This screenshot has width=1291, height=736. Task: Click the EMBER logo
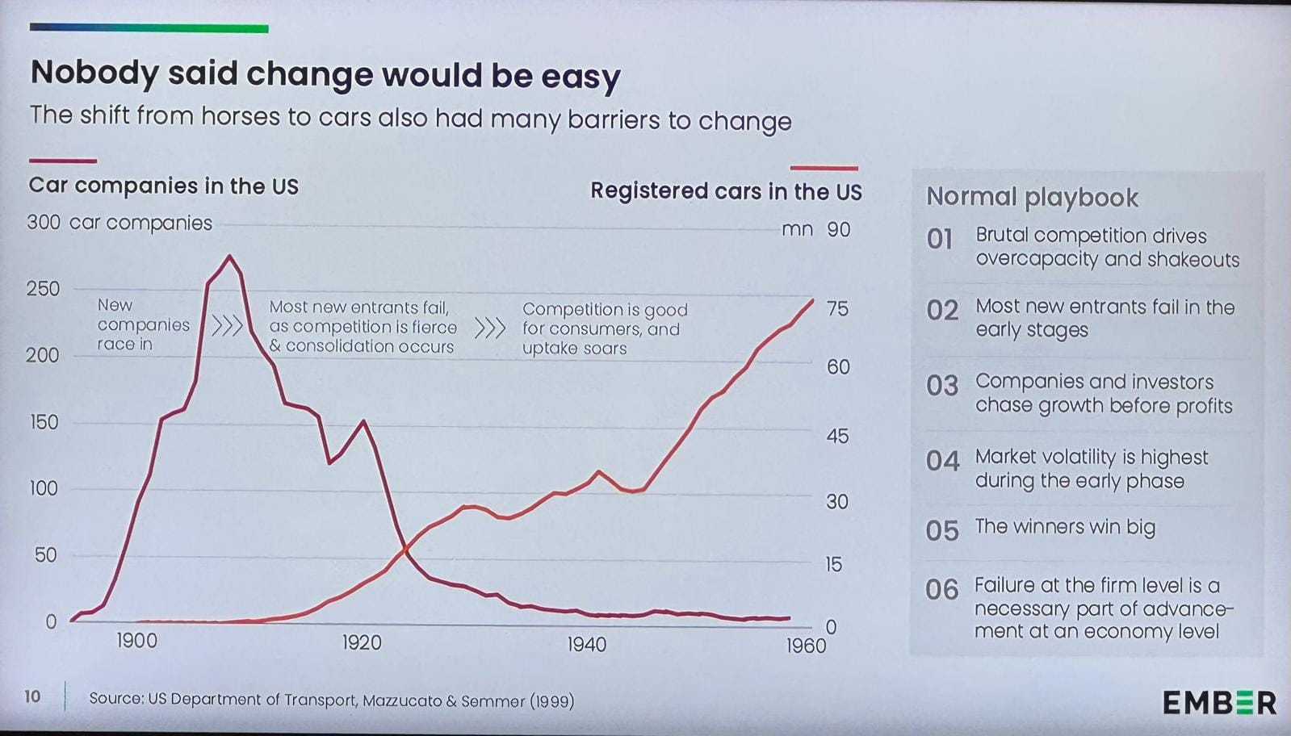tap(1219, 702)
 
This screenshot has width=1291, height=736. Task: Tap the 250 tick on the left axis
tap(43, 288)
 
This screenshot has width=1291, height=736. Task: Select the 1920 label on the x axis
tap(361, 642)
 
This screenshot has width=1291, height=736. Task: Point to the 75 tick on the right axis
tap(837, 308)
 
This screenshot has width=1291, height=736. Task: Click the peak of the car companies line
tap(230, 257)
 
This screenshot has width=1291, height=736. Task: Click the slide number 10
tap(32, 696)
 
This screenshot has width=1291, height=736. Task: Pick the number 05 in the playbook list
tap(942, 530)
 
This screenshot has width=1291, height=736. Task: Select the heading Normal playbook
tap(1032, 197)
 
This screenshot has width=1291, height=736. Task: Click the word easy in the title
tap(581, 76)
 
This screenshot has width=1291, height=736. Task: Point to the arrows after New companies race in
tap(227, 326)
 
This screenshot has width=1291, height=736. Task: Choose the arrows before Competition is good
tap(489, 328)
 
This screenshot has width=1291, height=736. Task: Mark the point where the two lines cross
tap(406, 550)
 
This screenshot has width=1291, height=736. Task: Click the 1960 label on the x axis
tap(806, 646)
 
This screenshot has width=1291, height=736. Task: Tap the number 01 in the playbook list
tap(940, 239)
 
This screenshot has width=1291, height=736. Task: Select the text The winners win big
tap(1065, 527)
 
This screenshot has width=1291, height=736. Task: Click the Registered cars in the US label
tap(726, 191)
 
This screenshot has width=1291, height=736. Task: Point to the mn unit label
tap(797, 229)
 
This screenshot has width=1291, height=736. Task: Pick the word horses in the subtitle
tap(241, 116)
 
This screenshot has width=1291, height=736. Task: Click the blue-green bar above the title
tap(149, 28)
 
